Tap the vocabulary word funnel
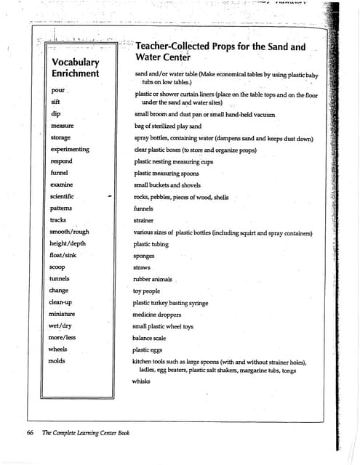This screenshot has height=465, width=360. (x=59, y=173)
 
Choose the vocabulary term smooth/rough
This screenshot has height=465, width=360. (x=68, y=232)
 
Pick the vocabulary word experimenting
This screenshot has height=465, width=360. (x=70, y=149)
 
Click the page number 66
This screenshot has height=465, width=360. (x=31, y=432)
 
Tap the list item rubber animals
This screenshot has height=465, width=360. (x=153, y=279)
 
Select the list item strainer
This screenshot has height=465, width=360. (x=144, y=220)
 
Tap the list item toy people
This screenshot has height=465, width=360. (x=146, y=291)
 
